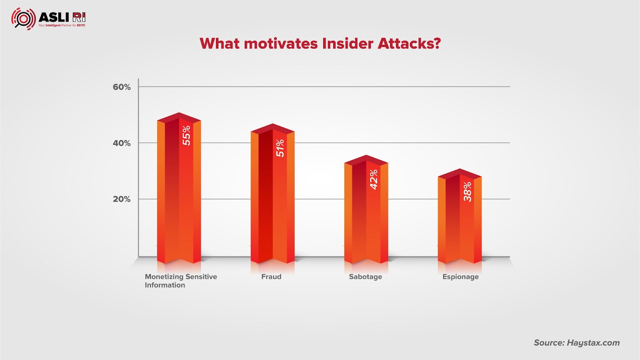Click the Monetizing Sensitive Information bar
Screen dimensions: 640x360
coord(179,188)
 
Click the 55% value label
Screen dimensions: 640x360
coord(186,136)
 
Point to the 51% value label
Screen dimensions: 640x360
coord(280,148)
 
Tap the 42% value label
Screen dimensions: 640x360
coord(374,180)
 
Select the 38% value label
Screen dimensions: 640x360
coord(468,192)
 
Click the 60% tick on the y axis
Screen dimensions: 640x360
coord(122,87)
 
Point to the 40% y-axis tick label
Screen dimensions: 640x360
coord(122,143)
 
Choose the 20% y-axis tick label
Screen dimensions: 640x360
coord(122,199)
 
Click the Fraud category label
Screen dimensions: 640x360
coord(271,276)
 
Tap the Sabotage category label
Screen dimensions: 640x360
coord(366,277)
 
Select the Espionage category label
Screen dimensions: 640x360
coord(460,277)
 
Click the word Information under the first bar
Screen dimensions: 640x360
coord(165,285)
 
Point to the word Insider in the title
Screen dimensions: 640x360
coord(348,44)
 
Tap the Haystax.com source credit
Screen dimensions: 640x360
coord(593,343)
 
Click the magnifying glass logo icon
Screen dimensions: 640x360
coord(24,19)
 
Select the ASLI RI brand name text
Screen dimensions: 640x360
coord(62,17)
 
